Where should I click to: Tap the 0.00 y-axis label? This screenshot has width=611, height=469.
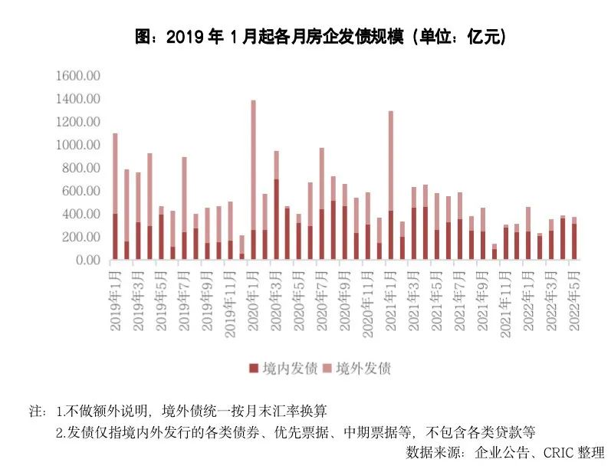point(88,260)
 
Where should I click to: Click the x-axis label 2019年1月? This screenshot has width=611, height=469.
point(116,300)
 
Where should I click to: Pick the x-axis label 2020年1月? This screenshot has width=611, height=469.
point(254,300)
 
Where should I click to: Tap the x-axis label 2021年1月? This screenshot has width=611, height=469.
point(391,300)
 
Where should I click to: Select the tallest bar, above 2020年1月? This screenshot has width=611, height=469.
point(253,180)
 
